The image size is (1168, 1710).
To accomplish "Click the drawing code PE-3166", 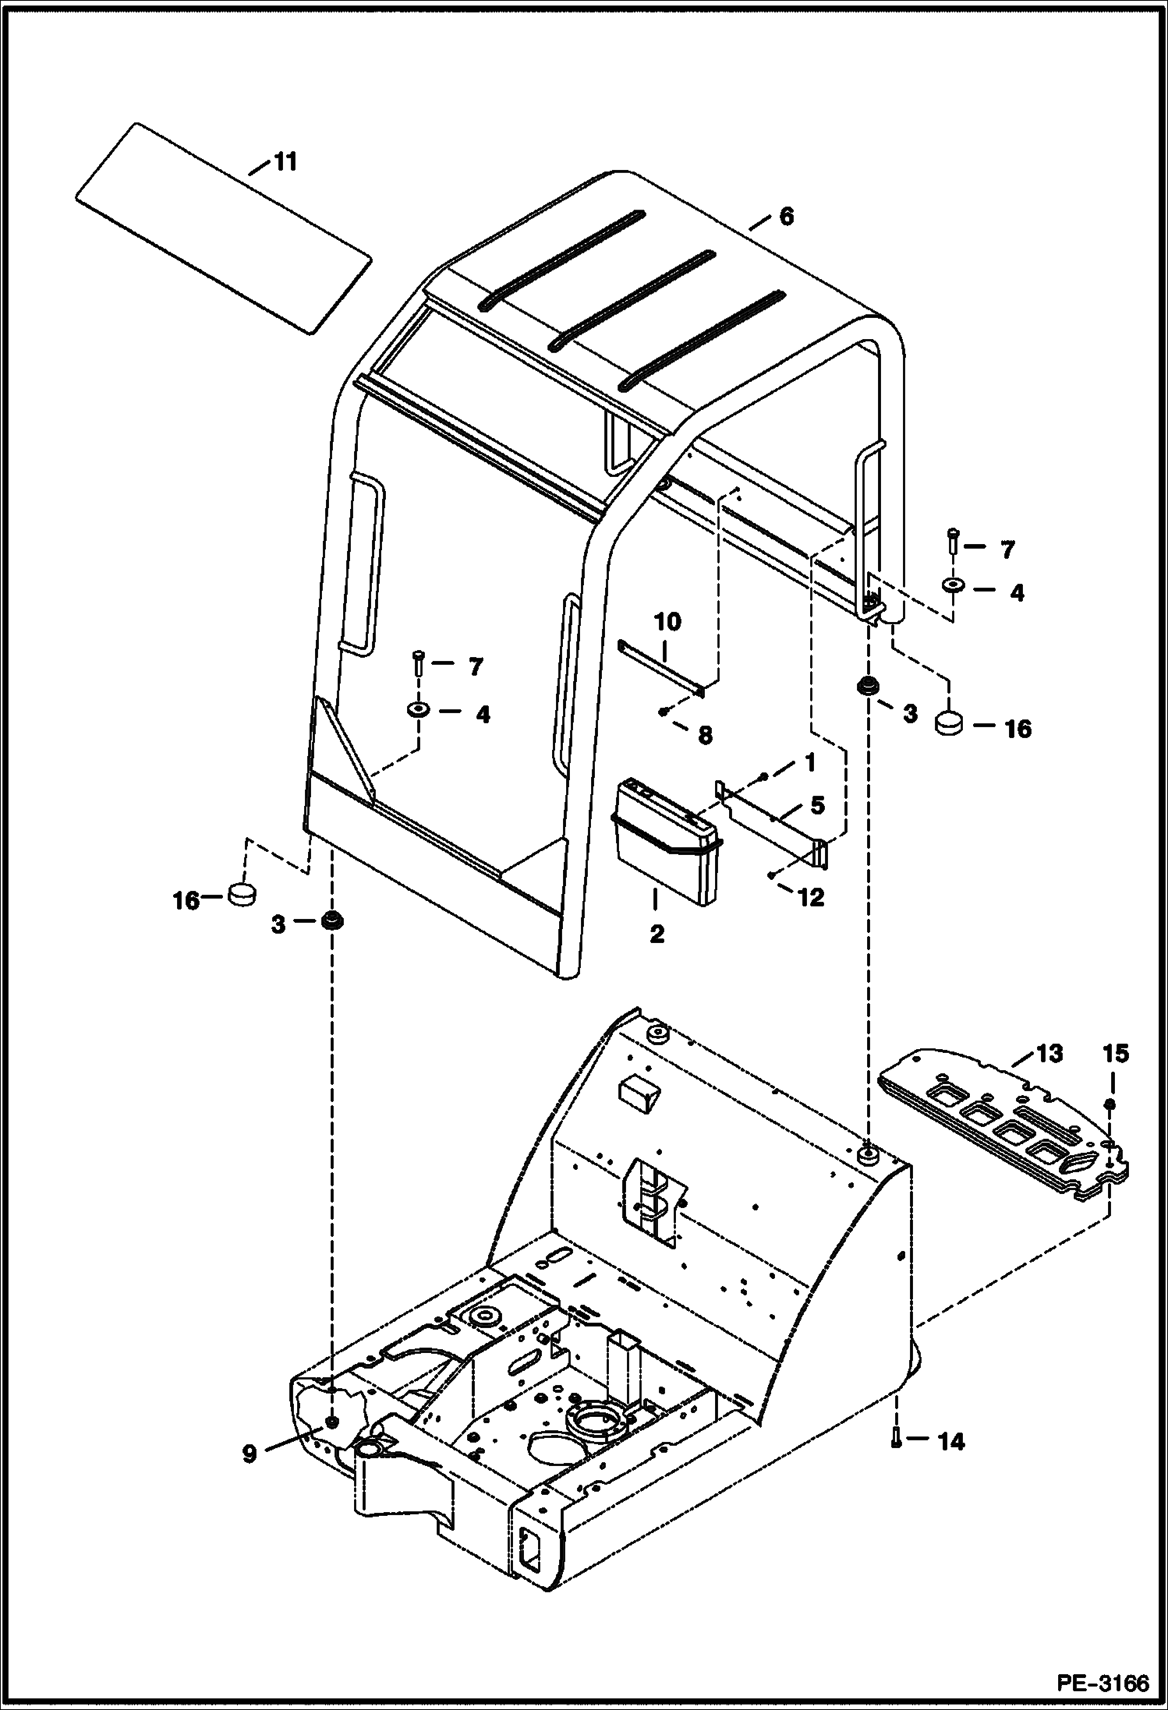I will [1103, 1684].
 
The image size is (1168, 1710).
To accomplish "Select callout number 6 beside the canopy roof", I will [786, 217].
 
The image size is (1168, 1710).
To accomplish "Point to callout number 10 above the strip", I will [667, 621].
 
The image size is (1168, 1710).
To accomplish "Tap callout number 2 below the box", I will [657, 934].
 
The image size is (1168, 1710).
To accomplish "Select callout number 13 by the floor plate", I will [1049, 1054].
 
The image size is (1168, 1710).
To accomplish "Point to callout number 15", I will [1116, 1054].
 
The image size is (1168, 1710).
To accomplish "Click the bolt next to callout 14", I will [896, 1440].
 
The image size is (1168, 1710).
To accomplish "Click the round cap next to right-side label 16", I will [949, 723].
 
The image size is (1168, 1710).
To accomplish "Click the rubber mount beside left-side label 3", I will [333, 920].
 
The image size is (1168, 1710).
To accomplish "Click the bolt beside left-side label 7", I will [419, 664].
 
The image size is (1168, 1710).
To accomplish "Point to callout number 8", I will [704, 735].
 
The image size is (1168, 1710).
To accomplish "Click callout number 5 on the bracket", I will [816, 805].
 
